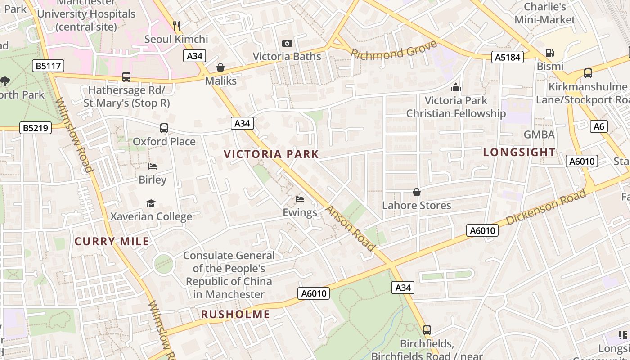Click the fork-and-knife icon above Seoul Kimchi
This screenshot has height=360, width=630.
click(176, 26)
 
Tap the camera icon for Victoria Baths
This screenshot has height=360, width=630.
click(287, 43)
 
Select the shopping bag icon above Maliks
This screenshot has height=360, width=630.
click(220, 67)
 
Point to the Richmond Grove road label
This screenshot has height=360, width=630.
click(394, 50)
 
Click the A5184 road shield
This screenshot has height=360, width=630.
click(507, 57)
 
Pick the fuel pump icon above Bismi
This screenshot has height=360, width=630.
click(549, 53)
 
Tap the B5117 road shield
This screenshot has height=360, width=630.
click(49, 66)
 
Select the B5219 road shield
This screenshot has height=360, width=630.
click(36, 128)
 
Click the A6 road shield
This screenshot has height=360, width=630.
click(599, 126)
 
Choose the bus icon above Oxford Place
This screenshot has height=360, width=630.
click(164, 128)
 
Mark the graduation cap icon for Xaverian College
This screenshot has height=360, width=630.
click(151, 204)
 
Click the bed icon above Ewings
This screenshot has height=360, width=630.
click(300, 199)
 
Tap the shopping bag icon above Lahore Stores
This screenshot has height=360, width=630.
click(417, 192)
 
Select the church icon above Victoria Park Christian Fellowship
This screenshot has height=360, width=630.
click(456, 87)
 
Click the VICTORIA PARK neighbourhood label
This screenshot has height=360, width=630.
click(271, 154)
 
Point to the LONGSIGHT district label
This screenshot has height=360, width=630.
click(519, 153)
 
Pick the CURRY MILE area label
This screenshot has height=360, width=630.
click(112, 242)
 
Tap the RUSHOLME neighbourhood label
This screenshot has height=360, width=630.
click(235, 315)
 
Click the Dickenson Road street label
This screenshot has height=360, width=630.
click(546, 207)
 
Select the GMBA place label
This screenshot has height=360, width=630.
click(539, 135)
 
